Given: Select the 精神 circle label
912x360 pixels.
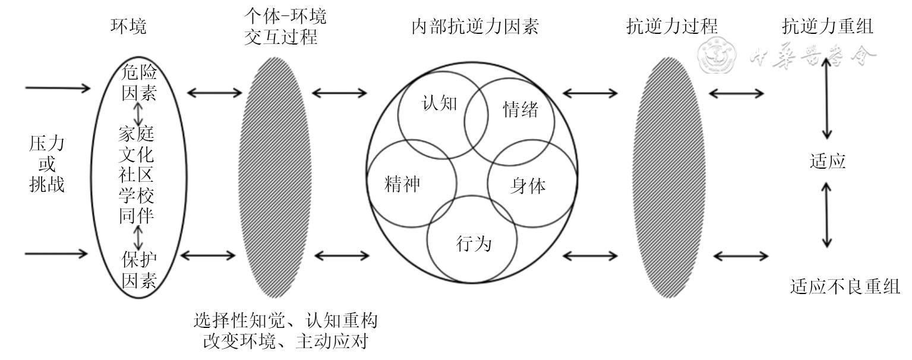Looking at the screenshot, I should [x=403, y=184].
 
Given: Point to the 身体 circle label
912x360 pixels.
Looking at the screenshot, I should [x=528, y=186].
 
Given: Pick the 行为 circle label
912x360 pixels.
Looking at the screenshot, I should [x=474, y=243].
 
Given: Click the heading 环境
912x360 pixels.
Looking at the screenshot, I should [x=128, y=27].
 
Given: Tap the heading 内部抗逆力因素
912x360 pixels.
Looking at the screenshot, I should [x=475, y=27].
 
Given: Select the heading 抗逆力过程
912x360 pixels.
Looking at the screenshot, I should [x=672, y=27].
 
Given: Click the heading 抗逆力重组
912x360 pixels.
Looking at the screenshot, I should [x=828, y=27].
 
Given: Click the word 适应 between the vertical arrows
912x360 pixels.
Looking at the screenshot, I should [x=827, y=161].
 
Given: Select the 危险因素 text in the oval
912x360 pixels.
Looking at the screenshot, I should [x=138, y=83].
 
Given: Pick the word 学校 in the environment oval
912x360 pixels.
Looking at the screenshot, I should [x=137, y=195].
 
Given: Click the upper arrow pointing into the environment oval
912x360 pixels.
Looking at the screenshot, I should [x=58, y=89].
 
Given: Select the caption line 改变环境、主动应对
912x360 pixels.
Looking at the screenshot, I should [x=285, y=342].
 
